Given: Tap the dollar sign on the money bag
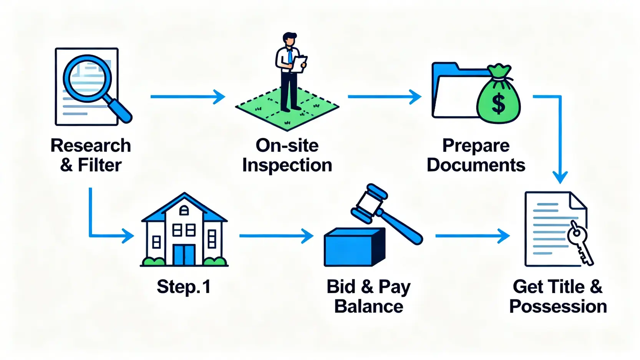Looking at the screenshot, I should point(498,104).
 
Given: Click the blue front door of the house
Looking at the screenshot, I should point(184,255).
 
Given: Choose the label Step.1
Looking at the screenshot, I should point(184,287).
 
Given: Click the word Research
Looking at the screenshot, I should point(91,146).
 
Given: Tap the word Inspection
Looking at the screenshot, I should point(287,165).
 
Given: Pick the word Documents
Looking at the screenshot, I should point(476,165).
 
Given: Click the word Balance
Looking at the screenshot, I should point(368,307).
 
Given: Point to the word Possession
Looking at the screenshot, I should point(558,307).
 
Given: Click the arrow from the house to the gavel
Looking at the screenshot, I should point(276,236).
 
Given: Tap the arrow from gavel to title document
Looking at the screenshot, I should point(472,236).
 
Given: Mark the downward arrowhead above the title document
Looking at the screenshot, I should point(560,177).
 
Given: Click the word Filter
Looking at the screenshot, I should point(99,165).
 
